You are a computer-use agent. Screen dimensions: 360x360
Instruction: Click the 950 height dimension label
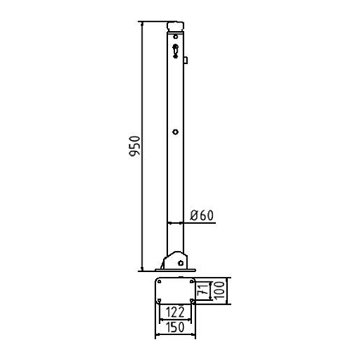pyautogui.click(x=134, y=146)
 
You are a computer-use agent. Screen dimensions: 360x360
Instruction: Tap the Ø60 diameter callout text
pyautogui.click(x=202, y=215)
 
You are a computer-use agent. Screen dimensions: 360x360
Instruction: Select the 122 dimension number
pyautogui.click(x=175, y=312)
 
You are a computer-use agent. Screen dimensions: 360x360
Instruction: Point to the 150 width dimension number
pyautogui.click(x=175, y=327)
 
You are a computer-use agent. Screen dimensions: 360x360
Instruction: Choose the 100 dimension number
pyautogui.click(x=219, y=290)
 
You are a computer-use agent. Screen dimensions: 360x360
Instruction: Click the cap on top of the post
pyautogui.click(x=175, y=26)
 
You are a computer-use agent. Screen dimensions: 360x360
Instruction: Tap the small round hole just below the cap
pyautogui.click(x=175, y=37)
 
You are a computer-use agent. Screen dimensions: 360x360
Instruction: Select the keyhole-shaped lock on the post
pyautogui.click(x=175, y=50)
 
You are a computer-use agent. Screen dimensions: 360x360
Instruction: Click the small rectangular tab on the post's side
pyautogui.click(x=186, y=60)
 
